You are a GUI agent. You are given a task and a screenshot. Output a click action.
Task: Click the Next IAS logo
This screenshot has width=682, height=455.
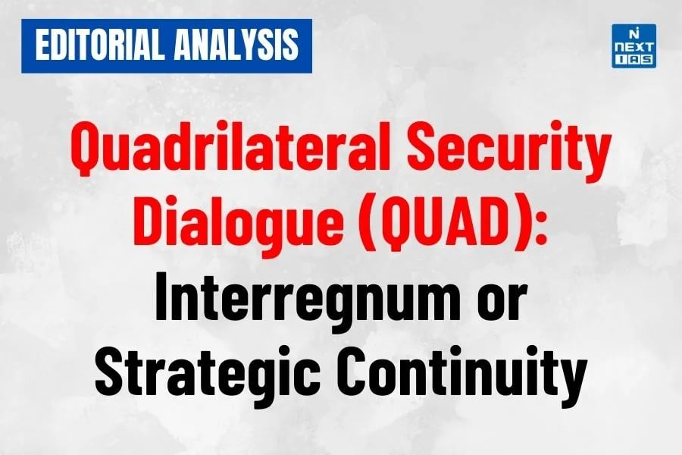[633, 46]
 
